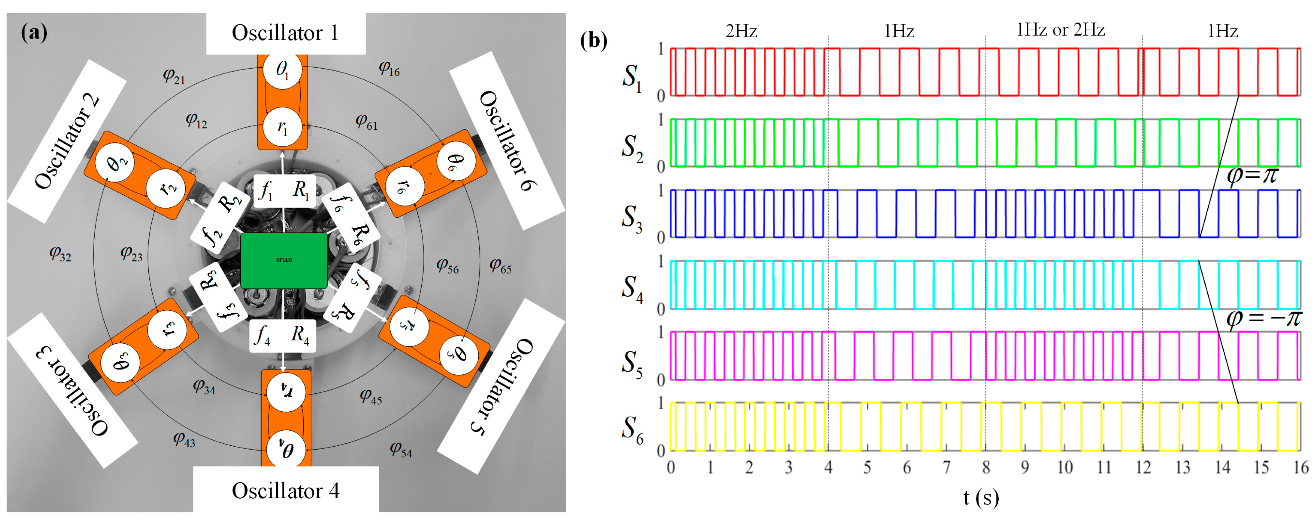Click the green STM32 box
[284, 260]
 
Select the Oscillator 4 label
[286, 491]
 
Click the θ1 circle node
[282, 69]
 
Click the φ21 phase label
[174, 76]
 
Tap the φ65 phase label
[500, 266]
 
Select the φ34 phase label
[204, 386]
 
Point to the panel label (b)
[594, 40]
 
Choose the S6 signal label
[632, 429]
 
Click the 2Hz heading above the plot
[741, 31]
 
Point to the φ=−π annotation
[1264, 318]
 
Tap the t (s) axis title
[980, 497]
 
